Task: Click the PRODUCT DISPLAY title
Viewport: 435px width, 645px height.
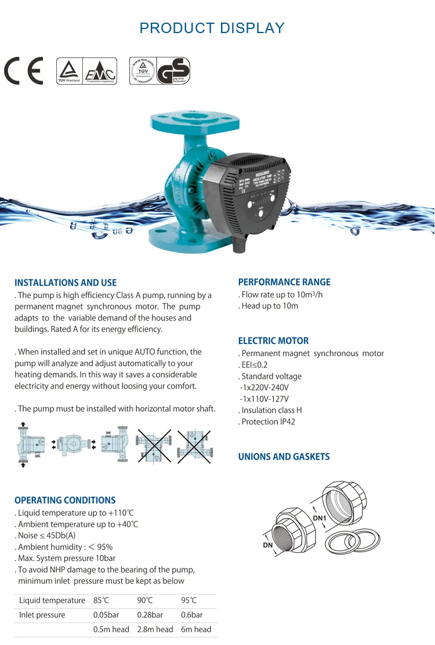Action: point(212,28)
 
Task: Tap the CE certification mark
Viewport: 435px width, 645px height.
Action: point(24,71)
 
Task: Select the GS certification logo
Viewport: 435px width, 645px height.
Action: point(173,71)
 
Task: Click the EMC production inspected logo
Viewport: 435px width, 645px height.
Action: point(100,71)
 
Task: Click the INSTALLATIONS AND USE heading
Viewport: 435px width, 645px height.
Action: point(66,283)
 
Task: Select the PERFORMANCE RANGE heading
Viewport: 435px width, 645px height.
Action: point(284,282)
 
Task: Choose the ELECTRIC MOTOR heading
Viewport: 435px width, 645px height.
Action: point(273,341)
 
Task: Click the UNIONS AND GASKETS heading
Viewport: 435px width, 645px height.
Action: point(284,457)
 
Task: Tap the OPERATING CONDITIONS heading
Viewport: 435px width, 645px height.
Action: point(65,500)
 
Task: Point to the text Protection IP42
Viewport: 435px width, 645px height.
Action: point(267,422)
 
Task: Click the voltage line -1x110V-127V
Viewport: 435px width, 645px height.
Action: point(264,399)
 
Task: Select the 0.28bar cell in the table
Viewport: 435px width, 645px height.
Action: point(150,615)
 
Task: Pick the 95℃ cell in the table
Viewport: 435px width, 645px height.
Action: point(189,600)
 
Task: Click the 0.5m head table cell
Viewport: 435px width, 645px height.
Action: point(111,629)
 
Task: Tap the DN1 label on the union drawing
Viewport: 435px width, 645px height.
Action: point(320,518)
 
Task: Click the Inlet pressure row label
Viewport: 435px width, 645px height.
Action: point(42,615)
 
